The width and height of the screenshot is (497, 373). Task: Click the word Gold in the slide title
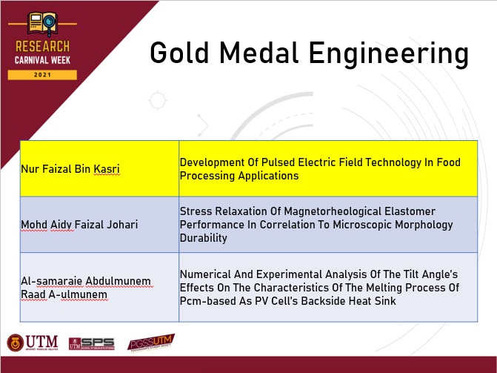(x=179, y=53)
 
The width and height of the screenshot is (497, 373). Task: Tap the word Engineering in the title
(x=389, y=54)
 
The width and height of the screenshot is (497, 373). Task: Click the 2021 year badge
(x=42, y=75)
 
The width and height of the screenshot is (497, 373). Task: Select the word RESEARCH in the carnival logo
(x=42, y=47)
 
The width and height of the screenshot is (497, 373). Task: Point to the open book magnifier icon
(x=42, y=24)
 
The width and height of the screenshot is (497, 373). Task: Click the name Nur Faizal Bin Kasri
(x=70, y=169)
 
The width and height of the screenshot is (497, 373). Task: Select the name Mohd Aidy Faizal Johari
(x=79, y=225)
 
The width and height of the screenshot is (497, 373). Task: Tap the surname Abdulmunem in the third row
(x=118, y=281)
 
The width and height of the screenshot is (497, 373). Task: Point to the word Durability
(x=204, y=238)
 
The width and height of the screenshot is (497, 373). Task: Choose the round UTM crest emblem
(x=16, y=343)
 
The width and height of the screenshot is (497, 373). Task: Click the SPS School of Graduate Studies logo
(x=92, y=343)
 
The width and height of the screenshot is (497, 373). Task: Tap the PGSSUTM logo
(x=151, y=343)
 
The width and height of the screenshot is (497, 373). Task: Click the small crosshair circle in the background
(x=158, y=100)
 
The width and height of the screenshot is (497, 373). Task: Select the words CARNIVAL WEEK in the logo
(x=42, y=60)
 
